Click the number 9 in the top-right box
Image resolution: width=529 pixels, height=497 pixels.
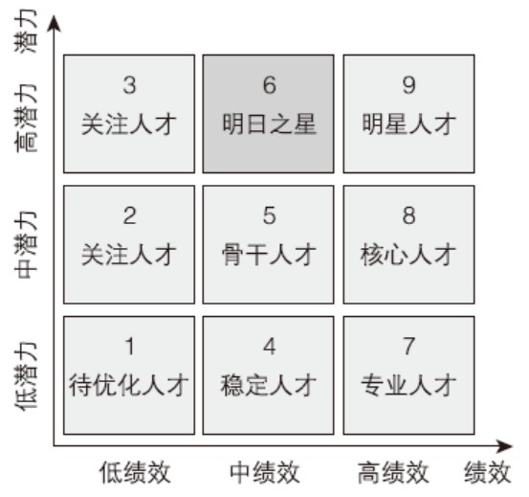pyautogui.click(x=408, y=85)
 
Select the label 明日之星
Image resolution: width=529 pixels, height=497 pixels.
pyautogui.click(x=269, y=124)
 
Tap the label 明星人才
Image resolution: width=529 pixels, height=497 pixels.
pyautogui.click(x=408, y=124)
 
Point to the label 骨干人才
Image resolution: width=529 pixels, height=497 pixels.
pyautogui.click(x=269, y=254)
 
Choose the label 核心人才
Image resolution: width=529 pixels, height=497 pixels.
pyautogui.click(x=408, y=254)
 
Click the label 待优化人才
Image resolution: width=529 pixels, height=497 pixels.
pyautogui.click(x=128, y=385)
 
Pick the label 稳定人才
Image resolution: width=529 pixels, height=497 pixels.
pyautogui.click(x=269, y=385)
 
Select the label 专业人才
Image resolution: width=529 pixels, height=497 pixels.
pyautogui.click(x=408, y=385)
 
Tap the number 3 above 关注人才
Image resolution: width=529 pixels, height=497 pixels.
pyautogui.click(x=129, y=85)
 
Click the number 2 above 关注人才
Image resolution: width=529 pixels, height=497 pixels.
pyautogui.click(x=129, y=215)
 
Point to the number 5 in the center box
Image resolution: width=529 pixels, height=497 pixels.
pyautogui.click(x=269, y=215)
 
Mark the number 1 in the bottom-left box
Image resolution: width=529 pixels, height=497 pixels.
pyautogui.click(x=130, y=346)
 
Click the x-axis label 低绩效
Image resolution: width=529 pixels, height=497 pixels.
pyautogui.click(x=135, y=472)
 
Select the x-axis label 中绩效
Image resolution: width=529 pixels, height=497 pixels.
pyautogui.click(x=265, y=472)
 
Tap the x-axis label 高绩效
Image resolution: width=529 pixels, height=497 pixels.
pyautogui.click(x=393, y=472)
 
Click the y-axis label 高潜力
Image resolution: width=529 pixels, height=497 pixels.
pyautogui.click(x=26, y=118)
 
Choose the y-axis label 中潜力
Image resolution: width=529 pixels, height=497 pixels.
pyautogui.click(x=26, y=245)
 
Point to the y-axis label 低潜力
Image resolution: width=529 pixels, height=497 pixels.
pyautogui.click(x=26, y=376)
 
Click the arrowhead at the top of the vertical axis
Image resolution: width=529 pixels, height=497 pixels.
pyautogui.click(x=54, y=23)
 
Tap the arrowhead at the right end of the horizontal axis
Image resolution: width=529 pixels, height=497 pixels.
pyautogui.click(x=505, y=446)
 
